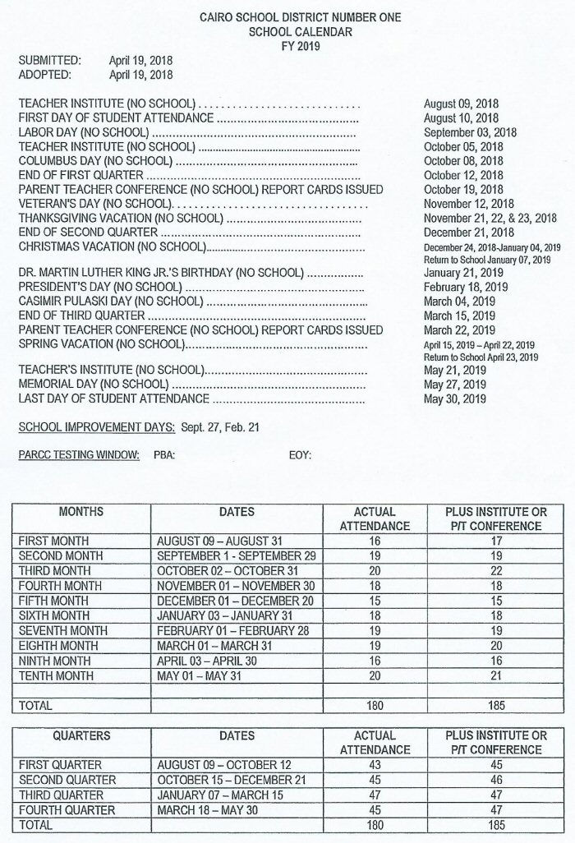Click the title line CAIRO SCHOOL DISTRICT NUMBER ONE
point(303,18)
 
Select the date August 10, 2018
point(461,118)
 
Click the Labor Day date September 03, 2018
point(470,132)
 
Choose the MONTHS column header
point(81,511)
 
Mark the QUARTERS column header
point(81,735)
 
